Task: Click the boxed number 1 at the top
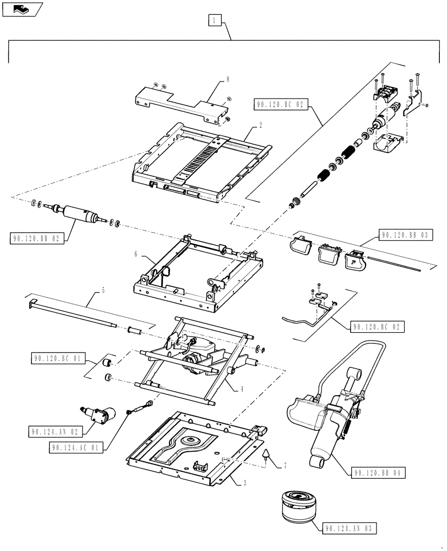(x=215, y=21)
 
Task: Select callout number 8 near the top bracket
(x=227, y=80)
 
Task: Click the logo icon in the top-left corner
(x=21, y=9)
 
